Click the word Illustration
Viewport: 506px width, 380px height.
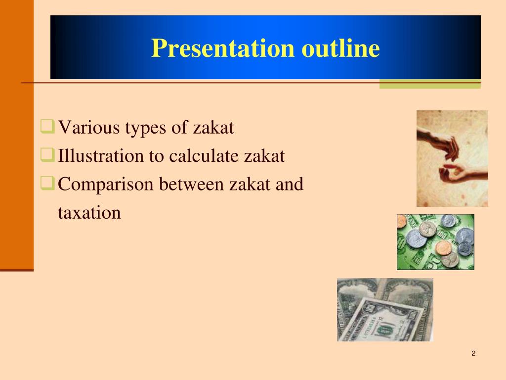(x=101, y=156)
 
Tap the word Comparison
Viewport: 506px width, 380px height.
(x=106, y=185)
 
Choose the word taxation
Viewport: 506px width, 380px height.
(x=89, y=213)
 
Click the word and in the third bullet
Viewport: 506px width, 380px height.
(x=289, y=185)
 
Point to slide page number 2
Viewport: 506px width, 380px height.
(x=473, y=353)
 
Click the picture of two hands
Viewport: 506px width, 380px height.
(x=452, y=158)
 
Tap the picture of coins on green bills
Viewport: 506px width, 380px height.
(x=435, y=242)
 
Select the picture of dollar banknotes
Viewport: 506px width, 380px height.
(x=385, y=310)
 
